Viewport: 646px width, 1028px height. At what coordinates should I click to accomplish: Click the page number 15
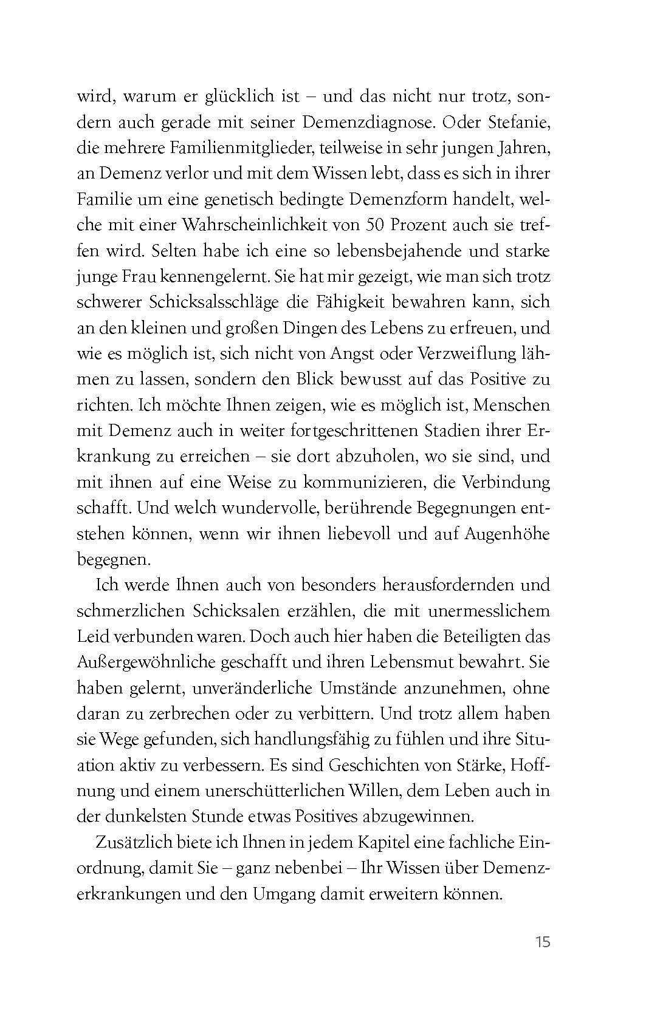click(x=543, y=942)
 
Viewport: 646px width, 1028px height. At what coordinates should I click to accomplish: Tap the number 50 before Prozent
click(x=376, y=225)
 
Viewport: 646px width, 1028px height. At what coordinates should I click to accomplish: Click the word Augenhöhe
click(x=507, y=534)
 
